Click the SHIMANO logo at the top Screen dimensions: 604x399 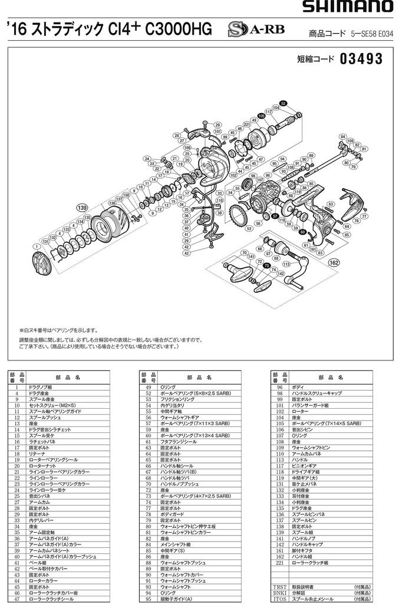[348, 7]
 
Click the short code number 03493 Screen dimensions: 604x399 [361, 59]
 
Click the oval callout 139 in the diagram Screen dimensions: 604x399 [82, 207]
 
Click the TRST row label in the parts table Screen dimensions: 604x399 [279, 587]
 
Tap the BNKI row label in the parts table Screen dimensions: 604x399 [279, 593]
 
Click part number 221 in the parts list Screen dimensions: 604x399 [281, 562]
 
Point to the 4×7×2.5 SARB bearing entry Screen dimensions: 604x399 [195, 496]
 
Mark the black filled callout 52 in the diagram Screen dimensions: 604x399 [283, 103]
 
